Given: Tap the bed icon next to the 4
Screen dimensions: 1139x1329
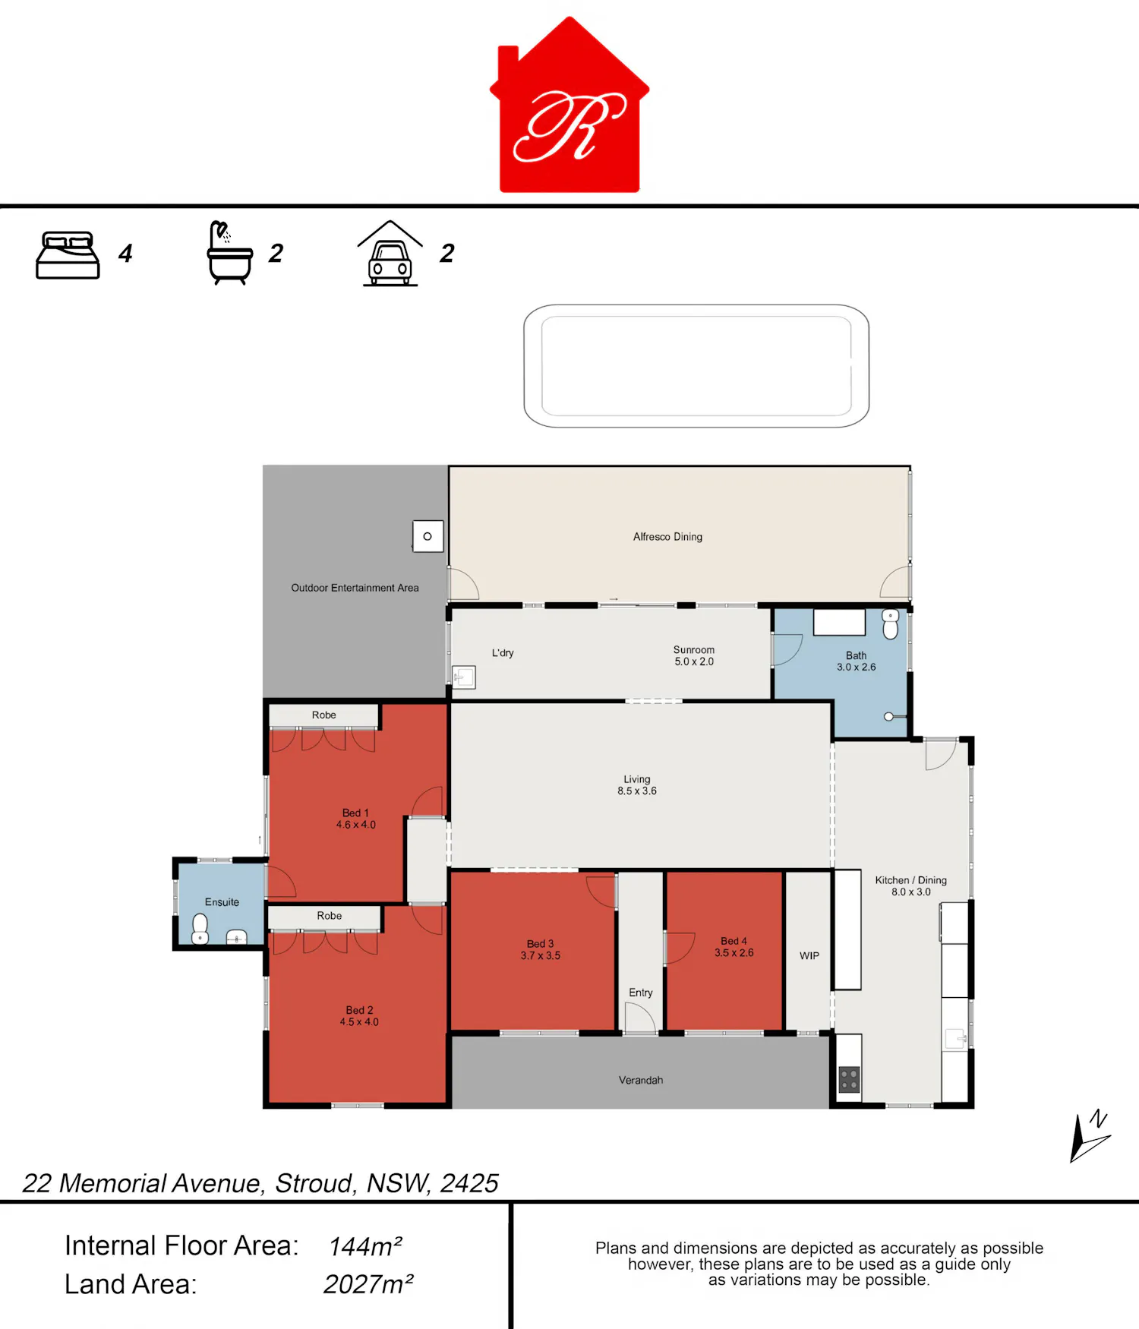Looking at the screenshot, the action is coord(68,255).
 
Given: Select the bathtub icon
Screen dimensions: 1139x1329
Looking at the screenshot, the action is coord(229,253).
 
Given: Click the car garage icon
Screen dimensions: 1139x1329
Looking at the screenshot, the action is coord(390,254).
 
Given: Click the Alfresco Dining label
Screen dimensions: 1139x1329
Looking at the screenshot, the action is coord(667,537).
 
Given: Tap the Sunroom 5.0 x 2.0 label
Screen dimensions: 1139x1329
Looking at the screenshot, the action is coord(694,655).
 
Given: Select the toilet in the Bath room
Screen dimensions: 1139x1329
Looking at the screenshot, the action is coord(891,623).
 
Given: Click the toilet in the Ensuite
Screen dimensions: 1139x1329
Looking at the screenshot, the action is coord(200,928).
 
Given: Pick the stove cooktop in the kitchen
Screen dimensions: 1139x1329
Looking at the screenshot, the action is coord(849,1079).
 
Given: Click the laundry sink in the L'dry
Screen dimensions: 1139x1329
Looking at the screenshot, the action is coord(464,677).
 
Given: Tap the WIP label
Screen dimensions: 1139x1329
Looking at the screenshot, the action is coord(809,955).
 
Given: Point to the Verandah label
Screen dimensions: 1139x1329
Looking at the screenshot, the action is coord(641,1080).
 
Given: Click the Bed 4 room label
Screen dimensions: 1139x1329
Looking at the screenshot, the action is coord(734,946).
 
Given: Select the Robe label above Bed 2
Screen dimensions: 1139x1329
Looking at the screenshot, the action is coord(330,916).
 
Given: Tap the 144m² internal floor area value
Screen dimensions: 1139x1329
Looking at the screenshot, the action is coord(365,1246).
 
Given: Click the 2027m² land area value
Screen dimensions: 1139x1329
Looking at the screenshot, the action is coord(368,1284).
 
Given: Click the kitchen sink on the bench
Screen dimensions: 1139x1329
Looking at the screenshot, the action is coord(955,1037).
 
